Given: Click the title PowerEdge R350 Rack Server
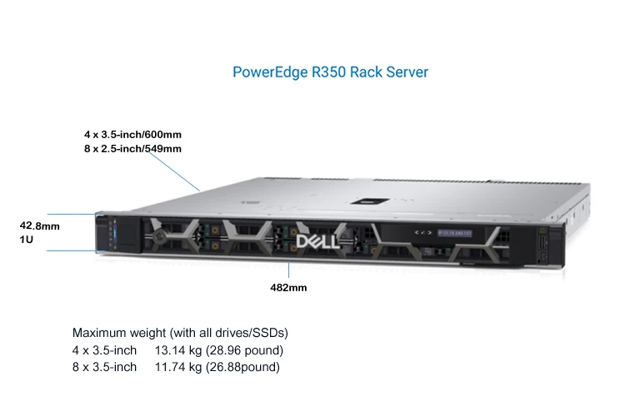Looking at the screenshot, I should [330, 72].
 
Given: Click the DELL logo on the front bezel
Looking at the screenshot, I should [317, 242].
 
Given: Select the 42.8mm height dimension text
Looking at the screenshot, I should [40, 225].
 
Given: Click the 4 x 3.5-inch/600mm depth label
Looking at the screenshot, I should [132, 134].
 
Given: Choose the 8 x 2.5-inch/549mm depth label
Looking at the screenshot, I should [132, 148].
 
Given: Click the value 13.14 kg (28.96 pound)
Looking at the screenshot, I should [219, 349].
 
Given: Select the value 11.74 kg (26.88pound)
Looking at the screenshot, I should [217, 366].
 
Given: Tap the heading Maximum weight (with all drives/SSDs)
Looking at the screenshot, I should [180, 333].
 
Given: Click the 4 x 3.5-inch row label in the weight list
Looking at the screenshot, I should [104, 349].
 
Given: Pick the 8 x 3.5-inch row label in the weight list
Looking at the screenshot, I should [104, 366].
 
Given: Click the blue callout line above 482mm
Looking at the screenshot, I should [289, 271].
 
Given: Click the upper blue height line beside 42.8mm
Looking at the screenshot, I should [71, 215].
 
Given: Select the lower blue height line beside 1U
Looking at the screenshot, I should [71, 250].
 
